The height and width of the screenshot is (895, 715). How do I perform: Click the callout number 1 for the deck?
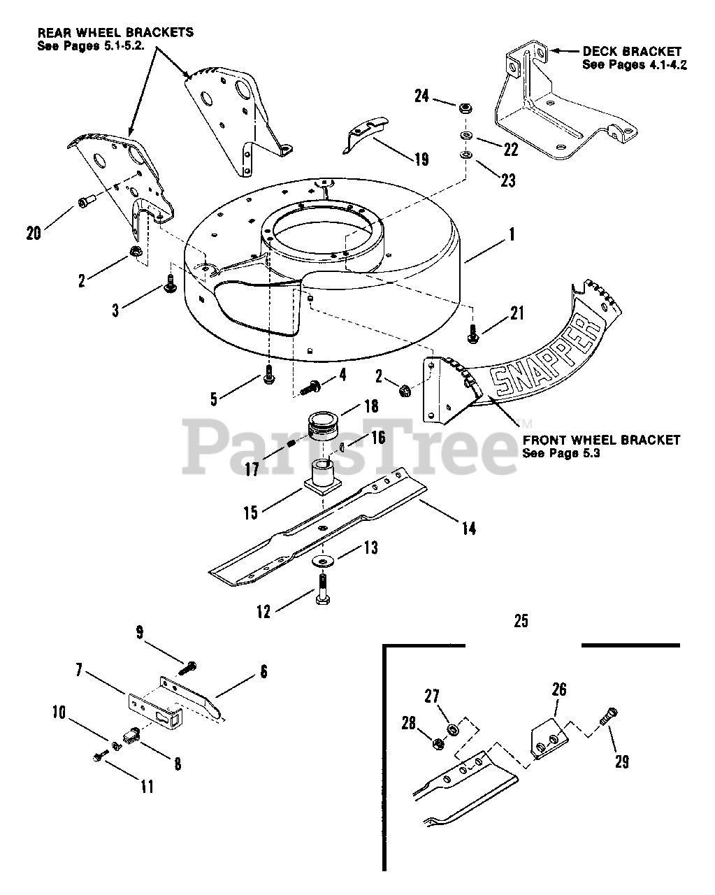click(512, 235)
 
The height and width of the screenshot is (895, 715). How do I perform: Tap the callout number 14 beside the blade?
click(468, 528)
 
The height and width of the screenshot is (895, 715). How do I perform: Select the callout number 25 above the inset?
click(521, 620)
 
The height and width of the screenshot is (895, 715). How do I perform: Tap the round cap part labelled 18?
click(323, 428)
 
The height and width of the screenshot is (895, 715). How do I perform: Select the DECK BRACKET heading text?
click(631, 51)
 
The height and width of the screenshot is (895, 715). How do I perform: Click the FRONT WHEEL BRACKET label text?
click(601, 440)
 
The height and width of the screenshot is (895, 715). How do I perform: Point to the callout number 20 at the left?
click(34, 234)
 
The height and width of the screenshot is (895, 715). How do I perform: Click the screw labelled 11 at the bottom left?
click(99, 758)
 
